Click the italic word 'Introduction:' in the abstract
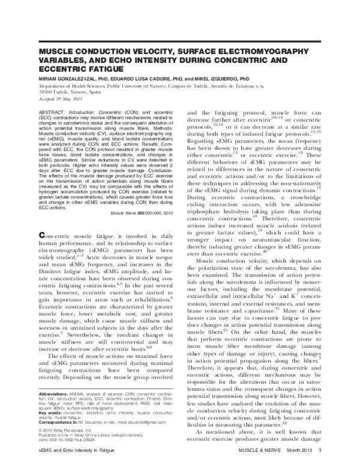click(89, 112)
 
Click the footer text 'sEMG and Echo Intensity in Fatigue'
click(77, 466)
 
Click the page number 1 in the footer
click(323, 466)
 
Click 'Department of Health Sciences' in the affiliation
click(71, 86)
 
